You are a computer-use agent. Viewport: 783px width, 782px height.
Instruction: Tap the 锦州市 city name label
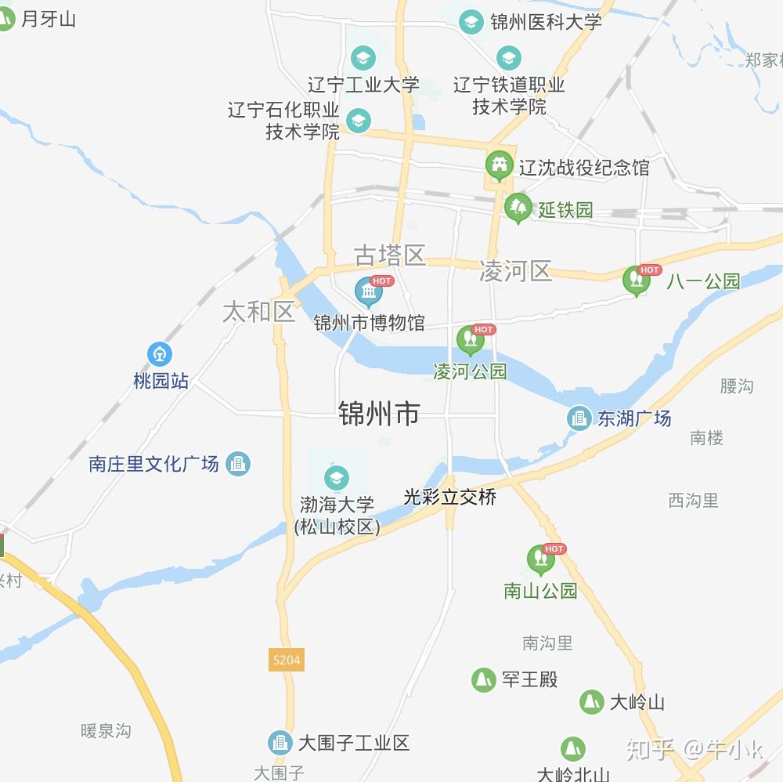(379, 413)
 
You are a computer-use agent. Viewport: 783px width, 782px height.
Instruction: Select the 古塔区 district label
(389, 255)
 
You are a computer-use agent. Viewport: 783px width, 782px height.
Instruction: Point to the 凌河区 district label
(515, 271)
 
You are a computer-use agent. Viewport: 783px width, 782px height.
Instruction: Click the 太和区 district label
(258, 311)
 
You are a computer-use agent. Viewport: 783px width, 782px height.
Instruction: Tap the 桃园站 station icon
(160, 355)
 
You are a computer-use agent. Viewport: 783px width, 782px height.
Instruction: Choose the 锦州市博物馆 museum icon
(368, 291)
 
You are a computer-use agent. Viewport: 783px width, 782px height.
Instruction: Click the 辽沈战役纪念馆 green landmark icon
(499, 165)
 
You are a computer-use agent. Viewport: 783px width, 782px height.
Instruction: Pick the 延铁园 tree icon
(517, 208)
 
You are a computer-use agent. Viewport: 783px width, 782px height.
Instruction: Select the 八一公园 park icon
(636, 281)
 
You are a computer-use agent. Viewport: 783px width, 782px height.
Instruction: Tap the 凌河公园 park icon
(470, 339)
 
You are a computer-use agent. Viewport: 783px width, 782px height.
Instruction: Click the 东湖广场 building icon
(579, 418)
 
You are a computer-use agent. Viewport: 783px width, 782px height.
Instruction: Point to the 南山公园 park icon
(539, 559)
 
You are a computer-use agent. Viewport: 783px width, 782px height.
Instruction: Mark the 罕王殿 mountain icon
(483, 679)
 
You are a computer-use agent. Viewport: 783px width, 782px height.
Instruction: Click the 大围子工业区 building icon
(280, 742)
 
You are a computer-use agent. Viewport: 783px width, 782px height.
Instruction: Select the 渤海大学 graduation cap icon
(337, 478)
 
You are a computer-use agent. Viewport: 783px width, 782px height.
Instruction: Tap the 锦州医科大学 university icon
(471, 21)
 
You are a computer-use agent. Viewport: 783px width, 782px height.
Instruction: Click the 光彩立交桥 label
(449, 497)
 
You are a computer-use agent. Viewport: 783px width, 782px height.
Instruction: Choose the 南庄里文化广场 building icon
(238, 464)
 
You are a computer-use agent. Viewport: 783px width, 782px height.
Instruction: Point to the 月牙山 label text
(49, 19)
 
